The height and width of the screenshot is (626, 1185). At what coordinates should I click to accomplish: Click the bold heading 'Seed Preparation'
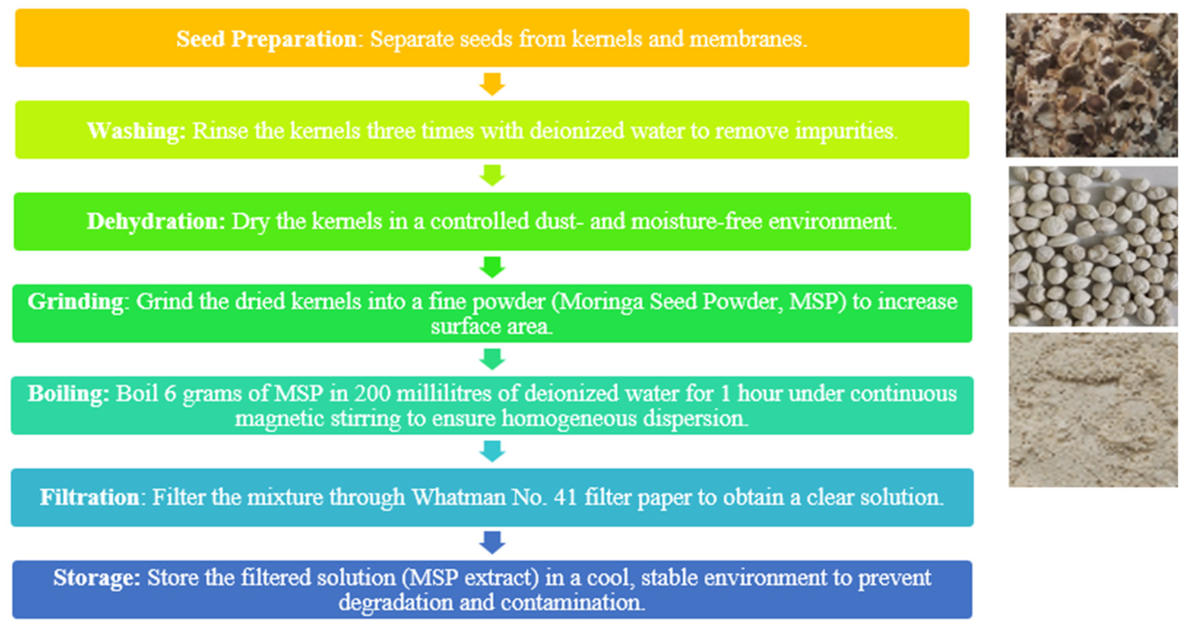[x=267, y=39]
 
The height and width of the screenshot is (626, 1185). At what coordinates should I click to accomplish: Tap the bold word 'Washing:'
[x=137, y=131]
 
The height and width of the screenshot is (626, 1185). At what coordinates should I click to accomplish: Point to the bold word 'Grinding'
[x=75, y=302]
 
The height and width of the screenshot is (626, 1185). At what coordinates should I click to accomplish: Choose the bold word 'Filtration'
[x=89, y=497]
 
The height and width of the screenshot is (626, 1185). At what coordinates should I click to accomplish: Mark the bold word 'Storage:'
[x=97, y=578]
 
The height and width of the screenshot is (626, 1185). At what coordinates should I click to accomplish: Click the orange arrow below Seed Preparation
[x=492, y=84]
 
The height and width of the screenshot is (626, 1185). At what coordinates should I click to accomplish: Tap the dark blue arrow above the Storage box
[x=492, y=543]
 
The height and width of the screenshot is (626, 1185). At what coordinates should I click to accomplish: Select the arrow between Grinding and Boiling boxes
[x=492, y=360]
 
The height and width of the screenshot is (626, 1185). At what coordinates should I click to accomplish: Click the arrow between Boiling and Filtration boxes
[x=492, y=451]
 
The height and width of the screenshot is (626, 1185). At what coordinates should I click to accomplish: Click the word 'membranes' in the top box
[x=748, y=39]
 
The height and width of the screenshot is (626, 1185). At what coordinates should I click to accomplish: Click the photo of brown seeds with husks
[x=1092, y=85]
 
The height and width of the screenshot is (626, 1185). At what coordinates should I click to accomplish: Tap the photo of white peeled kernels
[x=1093, y=246]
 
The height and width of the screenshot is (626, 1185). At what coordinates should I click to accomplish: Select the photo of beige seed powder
[x=1093, y=410]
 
